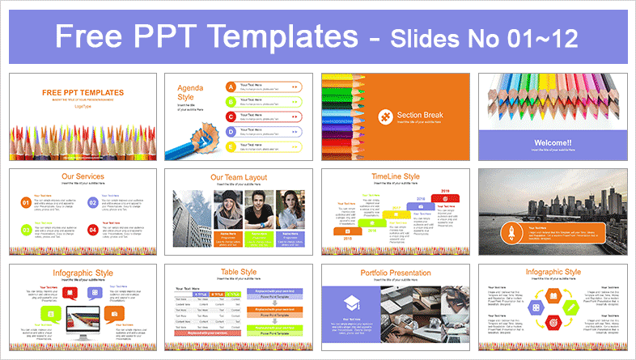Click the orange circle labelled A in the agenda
(x=231, y=86)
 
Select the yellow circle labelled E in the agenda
(x=231, y=146)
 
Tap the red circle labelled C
(x=231, y=116)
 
